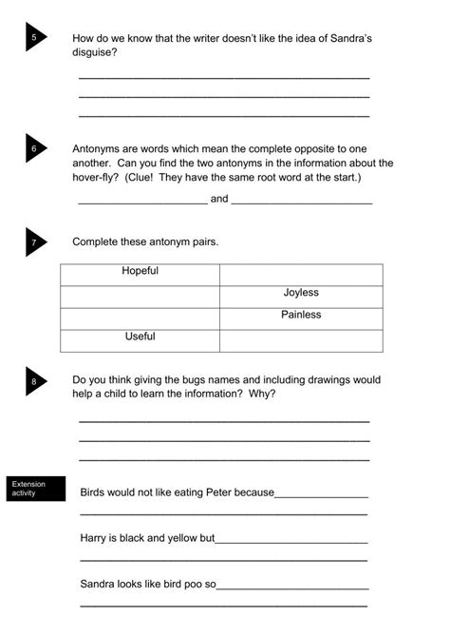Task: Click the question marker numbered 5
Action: [36, 37]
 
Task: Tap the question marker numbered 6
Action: [36, 148]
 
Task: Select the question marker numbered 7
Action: [36, 242]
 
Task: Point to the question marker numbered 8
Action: [36, 381]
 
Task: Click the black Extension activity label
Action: [37, 489]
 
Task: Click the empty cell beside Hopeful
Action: [301, 273]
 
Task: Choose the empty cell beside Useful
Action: [301, 338]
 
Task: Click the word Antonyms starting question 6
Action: [98, 149]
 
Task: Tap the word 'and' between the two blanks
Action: [219, 200]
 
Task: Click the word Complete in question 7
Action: [98, 241]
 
